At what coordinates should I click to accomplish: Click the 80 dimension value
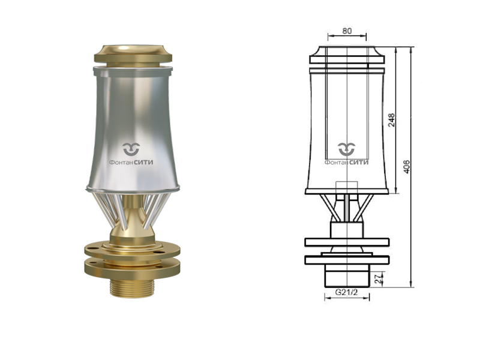347,31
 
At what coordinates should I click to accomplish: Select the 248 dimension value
391,120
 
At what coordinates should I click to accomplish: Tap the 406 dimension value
407,167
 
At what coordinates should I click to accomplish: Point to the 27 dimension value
379,278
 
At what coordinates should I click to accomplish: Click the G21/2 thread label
346,292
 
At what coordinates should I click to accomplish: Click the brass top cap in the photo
133,55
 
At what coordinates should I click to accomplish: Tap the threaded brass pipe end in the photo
133,289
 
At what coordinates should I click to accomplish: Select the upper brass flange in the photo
132,250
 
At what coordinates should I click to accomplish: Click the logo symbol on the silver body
131,149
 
